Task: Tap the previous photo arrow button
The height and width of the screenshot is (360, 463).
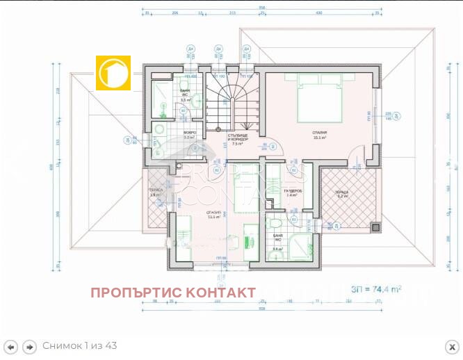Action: click(10, 346)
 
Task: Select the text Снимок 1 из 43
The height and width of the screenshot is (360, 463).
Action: click(80, 346)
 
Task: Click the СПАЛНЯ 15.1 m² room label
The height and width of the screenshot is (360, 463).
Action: click(320, 134)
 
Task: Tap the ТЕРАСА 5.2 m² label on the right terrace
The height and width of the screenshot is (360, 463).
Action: click(342, 195)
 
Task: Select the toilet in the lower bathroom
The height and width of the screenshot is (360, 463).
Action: click(275, 224)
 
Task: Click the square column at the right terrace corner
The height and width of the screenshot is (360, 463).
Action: click(376, 228)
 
